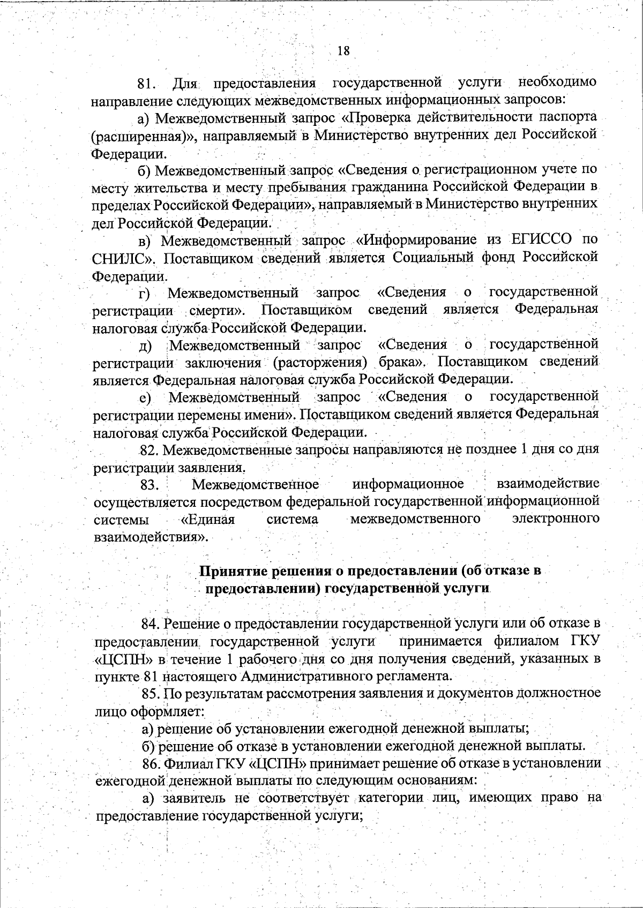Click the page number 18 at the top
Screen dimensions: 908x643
click(x=343, y=51)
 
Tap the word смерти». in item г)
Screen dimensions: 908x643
click(x=216, y=310)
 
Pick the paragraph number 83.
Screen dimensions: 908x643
click(x=149, y=485)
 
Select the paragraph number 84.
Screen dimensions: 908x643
click(x=151, y=624)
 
